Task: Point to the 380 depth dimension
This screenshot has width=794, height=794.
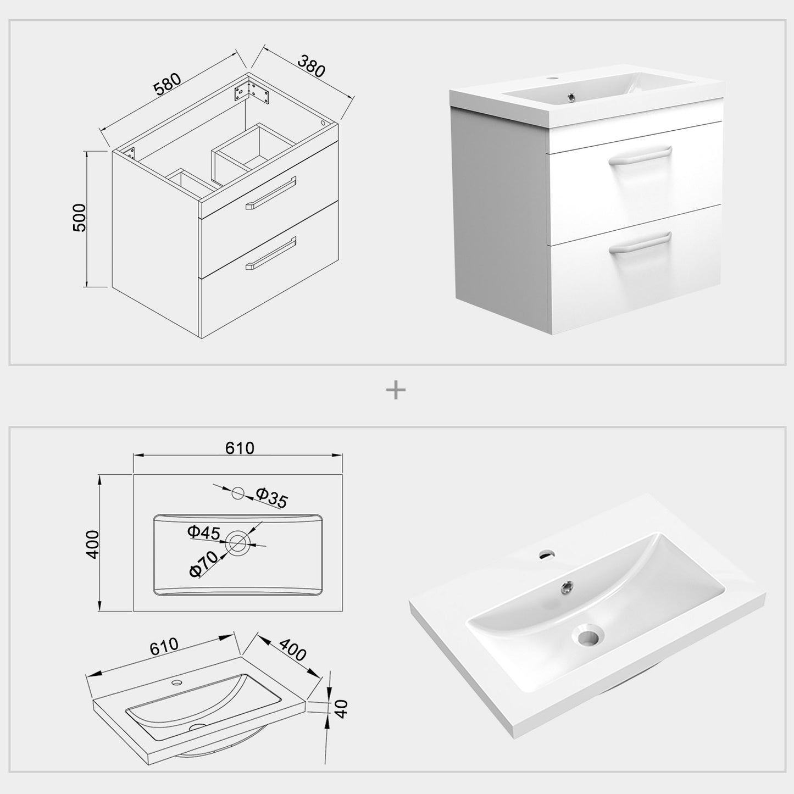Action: pyautogui.click(x=312, y=66)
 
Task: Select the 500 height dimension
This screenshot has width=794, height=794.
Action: pyautogui.click(x=79, y=218)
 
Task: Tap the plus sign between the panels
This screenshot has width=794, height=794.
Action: pyautogui.click(x=396, y=391)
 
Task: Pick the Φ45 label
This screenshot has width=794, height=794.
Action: pyautogui.click(x=203, y=532)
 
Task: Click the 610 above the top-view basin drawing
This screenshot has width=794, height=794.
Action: pyautogui.click(x=240, y=448)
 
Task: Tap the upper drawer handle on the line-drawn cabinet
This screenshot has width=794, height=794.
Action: pyautogui.click(x=270, y=192)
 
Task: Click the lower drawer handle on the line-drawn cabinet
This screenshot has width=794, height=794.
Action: pyautogui.click(x=271, y=253)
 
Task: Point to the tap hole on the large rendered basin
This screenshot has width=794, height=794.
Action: pyautogui.click(x=547, y=554)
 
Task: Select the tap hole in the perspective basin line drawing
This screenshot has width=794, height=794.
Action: pyautogui.click(x=177, y=682)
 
